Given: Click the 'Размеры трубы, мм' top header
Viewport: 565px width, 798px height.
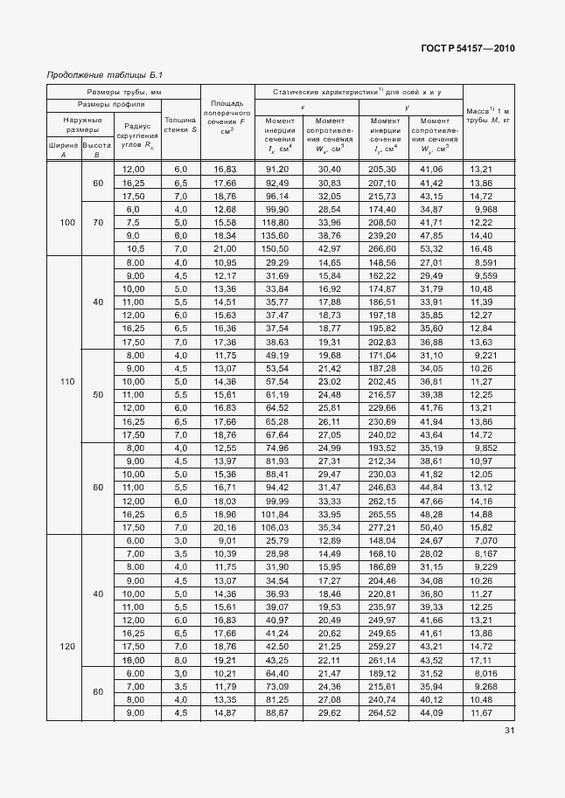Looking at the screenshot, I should (123, 92).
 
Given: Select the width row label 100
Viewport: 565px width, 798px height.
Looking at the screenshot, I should (67, 223).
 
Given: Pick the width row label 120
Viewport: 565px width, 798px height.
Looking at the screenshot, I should (67, 646).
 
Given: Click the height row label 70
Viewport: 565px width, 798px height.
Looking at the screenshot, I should (97, 223).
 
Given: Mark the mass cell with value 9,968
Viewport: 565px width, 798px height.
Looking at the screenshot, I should (488, 210).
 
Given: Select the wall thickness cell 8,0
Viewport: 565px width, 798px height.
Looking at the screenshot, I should (181, 660).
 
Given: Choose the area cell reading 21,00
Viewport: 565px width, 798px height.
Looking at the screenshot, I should (227, 249).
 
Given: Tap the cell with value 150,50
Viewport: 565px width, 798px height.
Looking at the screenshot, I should (276, 249).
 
